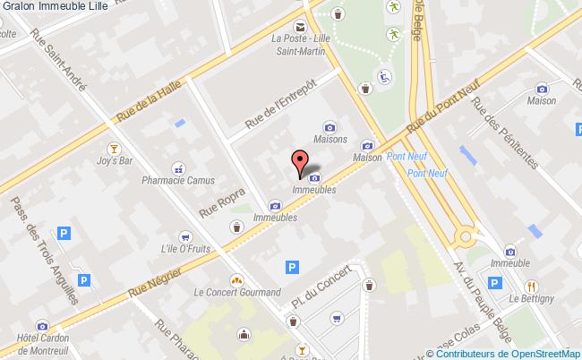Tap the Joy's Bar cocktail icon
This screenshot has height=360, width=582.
pos(115,148)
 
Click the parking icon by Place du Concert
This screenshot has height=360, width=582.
pos(290,266)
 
